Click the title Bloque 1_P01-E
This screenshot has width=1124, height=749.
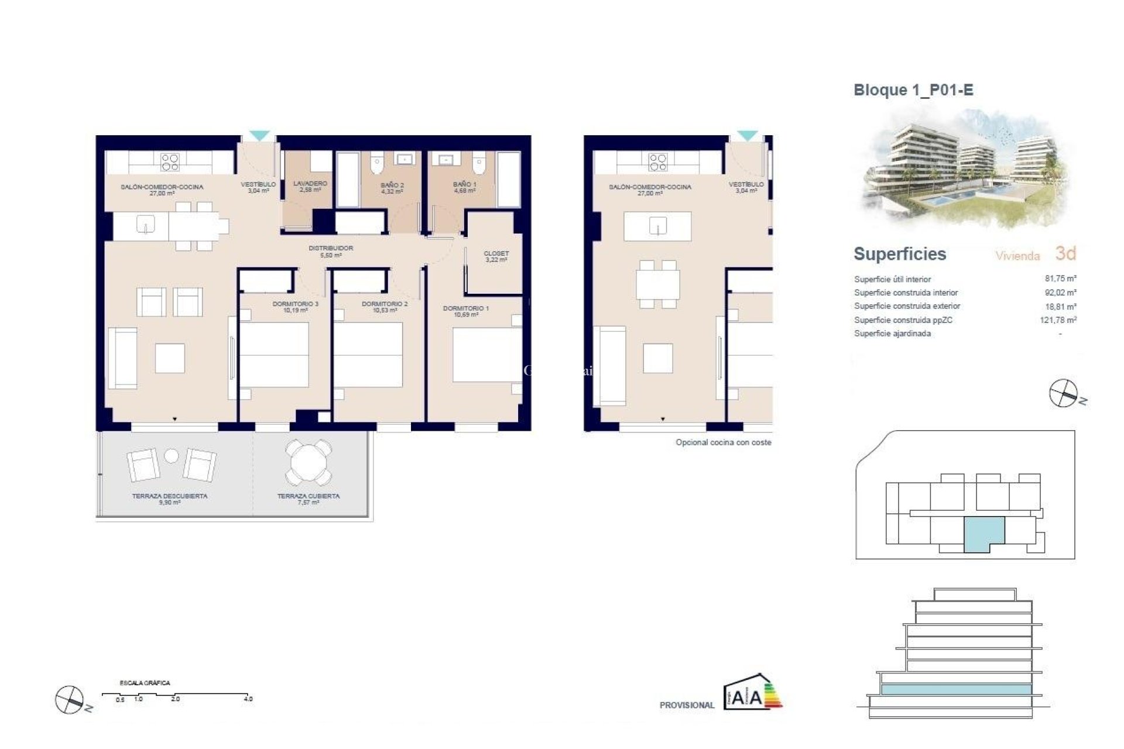[913, 90]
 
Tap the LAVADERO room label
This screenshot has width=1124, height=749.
[310, 186]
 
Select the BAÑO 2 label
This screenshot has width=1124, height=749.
[392, 188]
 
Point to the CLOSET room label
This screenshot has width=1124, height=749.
[496, 256]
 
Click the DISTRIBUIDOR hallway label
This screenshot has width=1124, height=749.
[331, 251]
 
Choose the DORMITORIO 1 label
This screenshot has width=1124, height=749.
[465, 311]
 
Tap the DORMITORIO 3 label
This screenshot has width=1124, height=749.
[295, 307]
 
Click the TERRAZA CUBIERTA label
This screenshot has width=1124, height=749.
[308, 499]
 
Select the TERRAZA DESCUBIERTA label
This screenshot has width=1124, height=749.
[169, 499]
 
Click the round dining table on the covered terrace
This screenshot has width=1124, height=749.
[308, 462]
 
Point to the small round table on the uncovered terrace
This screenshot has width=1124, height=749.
[171, 455]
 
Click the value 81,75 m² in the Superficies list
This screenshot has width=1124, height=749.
[1060, 279]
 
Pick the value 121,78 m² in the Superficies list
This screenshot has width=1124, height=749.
[1058, 320]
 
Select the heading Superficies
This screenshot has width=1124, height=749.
[900, 254]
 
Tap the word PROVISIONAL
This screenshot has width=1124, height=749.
[687, 705]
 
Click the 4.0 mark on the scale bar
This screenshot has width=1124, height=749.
[248, 699]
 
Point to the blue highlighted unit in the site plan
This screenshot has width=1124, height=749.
[983, 532]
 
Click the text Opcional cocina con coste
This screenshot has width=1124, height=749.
[723, 442]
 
